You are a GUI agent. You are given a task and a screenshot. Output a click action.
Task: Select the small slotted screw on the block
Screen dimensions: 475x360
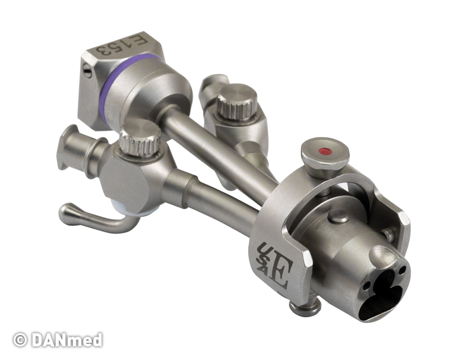tap(87, 70)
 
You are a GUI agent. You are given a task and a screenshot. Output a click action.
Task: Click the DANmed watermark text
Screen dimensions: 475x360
tap(67, 340)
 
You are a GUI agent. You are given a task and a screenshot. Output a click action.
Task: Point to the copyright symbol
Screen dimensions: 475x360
tap(20, 340)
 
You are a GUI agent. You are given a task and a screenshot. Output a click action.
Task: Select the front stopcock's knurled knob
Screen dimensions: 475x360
tap(140, 138)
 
